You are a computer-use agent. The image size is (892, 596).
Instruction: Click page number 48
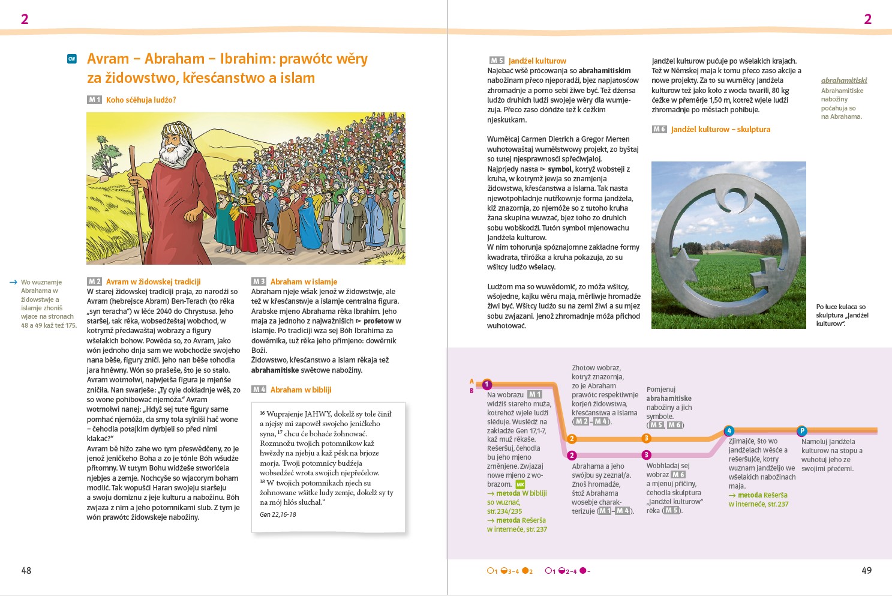point(26,570)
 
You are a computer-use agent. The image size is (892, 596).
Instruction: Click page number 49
point(866,570)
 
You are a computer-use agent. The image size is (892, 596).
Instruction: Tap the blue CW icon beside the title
point(72,59)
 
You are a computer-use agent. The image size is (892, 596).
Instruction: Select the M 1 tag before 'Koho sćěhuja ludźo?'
point(94,100)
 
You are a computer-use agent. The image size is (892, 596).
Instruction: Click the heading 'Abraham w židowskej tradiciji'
point(153,281)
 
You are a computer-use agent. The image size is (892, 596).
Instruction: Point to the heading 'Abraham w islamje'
point(304,281)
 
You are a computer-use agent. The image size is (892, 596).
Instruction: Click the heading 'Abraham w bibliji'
point(301,390)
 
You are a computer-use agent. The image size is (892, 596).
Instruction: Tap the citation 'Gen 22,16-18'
point(278,514)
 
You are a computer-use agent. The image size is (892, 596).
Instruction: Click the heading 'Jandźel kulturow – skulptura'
point(720,129)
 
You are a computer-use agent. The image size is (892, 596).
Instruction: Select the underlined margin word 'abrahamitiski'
point(844,80)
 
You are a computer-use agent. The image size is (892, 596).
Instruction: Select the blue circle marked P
point(802,431)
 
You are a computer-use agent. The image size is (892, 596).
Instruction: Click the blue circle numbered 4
point(729,431)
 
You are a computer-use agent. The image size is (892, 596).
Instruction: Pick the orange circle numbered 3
point(647,439)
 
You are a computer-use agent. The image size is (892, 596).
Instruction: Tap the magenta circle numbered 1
point(487,385)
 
